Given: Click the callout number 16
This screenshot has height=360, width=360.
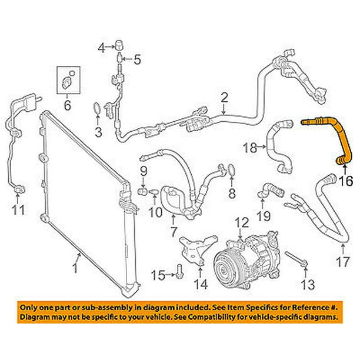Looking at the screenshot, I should point(346,182).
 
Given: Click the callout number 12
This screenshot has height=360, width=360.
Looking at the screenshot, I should point(242,222).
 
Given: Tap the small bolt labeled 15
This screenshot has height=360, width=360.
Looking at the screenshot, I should point(178,270).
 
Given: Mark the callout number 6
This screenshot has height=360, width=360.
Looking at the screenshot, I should point(66,106).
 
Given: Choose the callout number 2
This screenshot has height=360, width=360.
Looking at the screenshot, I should point(224,98).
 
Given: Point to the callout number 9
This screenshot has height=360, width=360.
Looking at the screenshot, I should point(142,171).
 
